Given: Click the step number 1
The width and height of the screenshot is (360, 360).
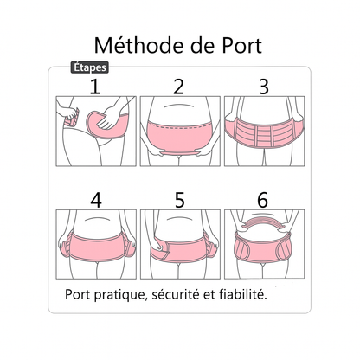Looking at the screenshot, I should pos(95,86).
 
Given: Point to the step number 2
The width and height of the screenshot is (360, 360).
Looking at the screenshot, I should pos(179,86).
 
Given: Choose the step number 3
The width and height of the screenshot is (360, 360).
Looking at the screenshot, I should pos(264,86).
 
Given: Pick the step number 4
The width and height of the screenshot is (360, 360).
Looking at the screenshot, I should pos(95,199).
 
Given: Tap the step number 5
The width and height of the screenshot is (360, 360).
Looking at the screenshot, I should pos(179,199).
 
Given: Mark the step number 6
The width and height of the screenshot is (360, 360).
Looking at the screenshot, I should pos(264,199).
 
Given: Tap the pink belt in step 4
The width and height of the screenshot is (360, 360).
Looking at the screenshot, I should pos(95,242).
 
